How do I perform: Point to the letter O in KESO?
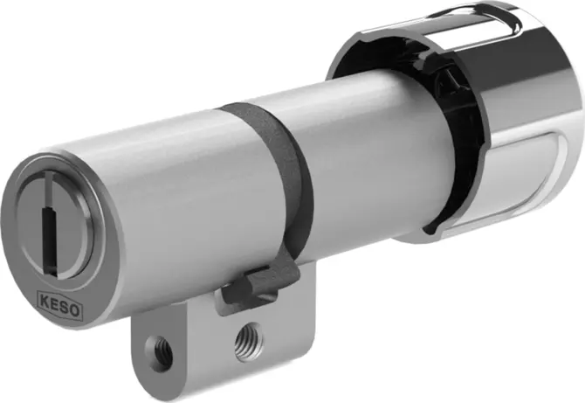coord(74,309)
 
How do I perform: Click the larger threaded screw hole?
coord(249,342)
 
